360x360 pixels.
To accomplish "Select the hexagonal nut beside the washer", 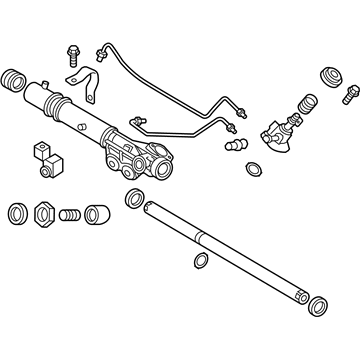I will click(x=45, y=215).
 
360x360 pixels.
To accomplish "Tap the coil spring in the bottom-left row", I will click(x=69, y=215).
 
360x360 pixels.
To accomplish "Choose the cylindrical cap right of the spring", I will click(x=97, y=214).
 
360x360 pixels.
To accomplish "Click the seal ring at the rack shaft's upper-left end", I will click(x=133, y=199).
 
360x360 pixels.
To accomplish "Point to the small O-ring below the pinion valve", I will click(x=272, y=167).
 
